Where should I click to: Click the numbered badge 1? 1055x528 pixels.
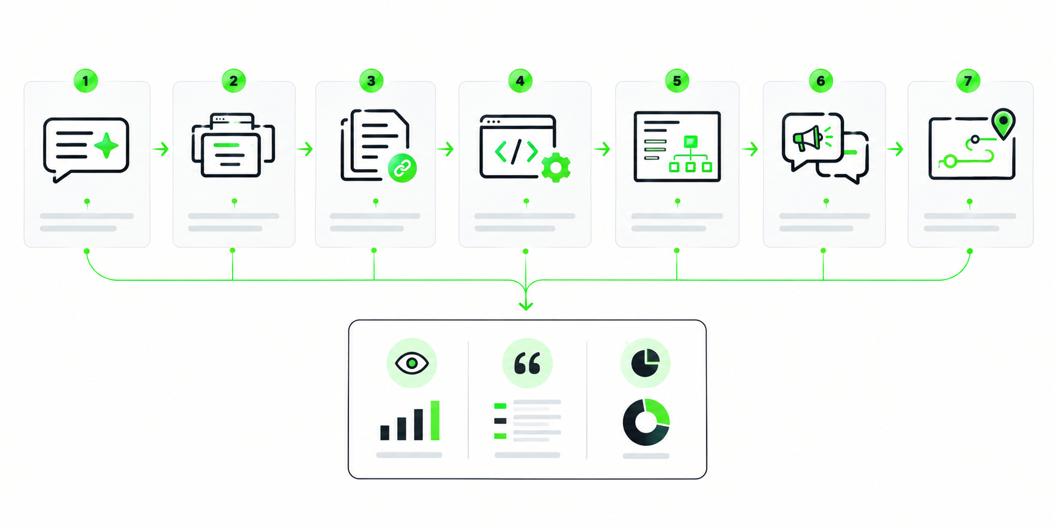coord(86,81)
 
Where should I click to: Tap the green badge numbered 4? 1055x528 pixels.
coord(520,81)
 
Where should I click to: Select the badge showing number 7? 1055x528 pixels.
coord(968,81)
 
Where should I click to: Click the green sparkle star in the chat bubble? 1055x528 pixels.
coord(106,146)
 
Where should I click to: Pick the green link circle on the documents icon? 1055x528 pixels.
coord(403,168)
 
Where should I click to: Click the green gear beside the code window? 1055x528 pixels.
coord(556,168)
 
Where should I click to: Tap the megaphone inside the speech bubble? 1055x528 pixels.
coord(808,139)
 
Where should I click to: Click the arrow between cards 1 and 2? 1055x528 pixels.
coord(161,149)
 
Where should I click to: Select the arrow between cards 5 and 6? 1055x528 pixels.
coord(750,149)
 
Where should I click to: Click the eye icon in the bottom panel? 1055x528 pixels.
coord(412,363)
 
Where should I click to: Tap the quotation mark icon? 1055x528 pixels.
coord(527,363)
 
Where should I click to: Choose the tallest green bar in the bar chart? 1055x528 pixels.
coord(435,420)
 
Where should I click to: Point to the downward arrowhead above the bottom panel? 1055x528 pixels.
coord(526,305)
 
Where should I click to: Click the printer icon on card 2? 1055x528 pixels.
coord(233,145)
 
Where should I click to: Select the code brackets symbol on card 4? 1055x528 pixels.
coord(516,152)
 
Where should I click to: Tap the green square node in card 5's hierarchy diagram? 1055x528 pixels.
coord(690,142)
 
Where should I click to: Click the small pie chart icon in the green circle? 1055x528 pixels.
coord(645,363)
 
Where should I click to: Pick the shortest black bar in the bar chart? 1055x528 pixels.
coord(385,433)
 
